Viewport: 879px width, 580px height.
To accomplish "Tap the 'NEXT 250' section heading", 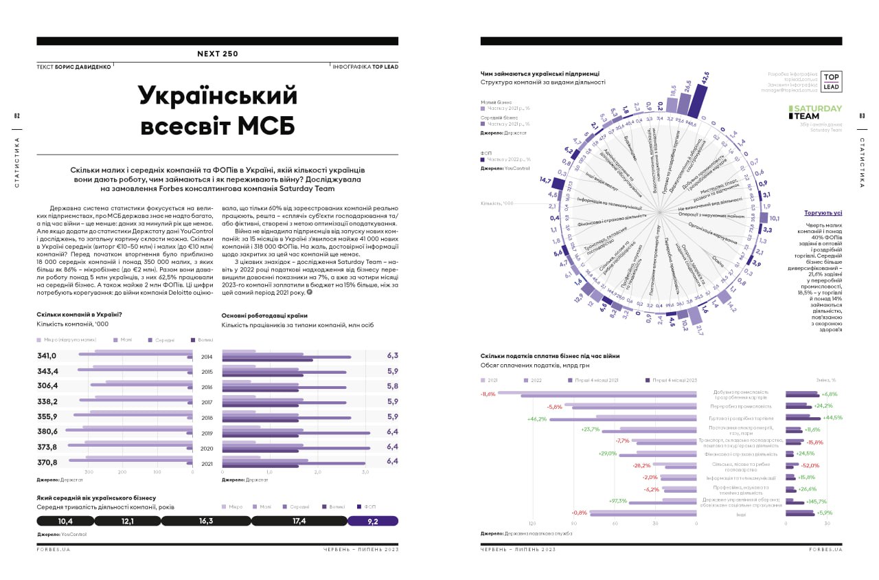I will coord(218,54).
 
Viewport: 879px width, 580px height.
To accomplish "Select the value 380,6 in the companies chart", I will coord(47,432).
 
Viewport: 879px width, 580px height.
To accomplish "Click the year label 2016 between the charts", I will coord(207,387).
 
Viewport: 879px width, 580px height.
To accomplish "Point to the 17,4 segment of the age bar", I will coord(299,522).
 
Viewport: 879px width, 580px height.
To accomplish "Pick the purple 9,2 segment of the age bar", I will coord(373,522).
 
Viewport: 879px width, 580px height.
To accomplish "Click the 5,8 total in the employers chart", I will coord(393,386).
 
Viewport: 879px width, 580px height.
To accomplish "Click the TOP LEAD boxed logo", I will coord(831,82).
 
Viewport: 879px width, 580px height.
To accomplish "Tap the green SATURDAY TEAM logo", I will coord(814,112).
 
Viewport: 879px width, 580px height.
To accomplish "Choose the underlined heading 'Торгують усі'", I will coord(823,213).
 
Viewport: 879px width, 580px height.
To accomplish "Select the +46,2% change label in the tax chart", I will coord(536,419).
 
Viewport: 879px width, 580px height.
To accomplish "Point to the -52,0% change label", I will coord(809,465).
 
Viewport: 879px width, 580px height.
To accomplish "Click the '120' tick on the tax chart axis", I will coord(532,524).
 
